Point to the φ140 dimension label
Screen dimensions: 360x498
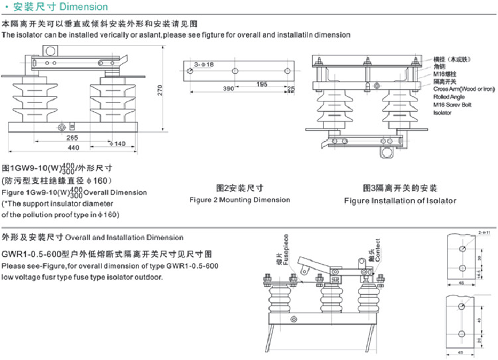pyautogui.click(x=117, y=143)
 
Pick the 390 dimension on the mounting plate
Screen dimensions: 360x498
pyautogui.click(x=228, y=88)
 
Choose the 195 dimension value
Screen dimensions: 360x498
pyautogui.click(x=261, y=84)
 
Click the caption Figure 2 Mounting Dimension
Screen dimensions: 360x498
pyautogui.click(x=240, y=200)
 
